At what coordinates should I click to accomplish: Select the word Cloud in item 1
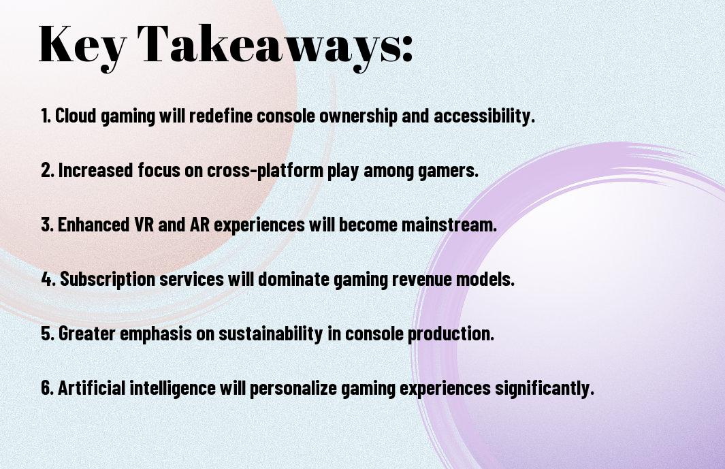[76, 115]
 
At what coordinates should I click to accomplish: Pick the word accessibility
[484, 116]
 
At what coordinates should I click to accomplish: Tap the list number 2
[47, 169]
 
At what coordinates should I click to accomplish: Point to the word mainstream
[449, 225]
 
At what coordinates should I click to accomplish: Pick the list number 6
[47, 387]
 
